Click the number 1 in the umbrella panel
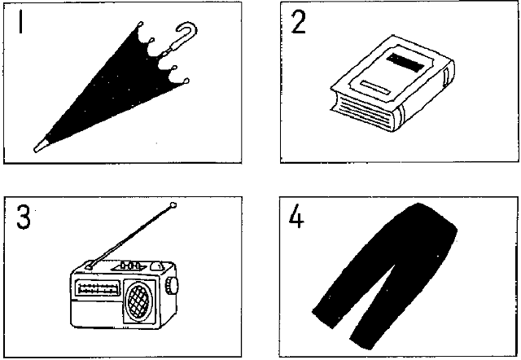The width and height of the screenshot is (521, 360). (x=21, y=22)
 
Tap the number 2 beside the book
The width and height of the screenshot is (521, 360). (x=298, y=22)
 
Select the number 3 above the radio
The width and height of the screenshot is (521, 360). (x=24, y=217)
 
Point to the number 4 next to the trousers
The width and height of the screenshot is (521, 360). (x=296, y=216)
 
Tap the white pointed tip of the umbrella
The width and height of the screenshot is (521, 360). (x=41, y=147)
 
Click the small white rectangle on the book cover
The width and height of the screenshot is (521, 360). (x=374, y=87)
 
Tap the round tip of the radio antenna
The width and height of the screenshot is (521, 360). (x=173, y=205)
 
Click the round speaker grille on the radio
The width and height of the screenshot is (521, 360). (x=138, y=301)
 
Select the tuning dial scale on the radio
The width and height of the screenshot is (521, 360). (x=98, y=288)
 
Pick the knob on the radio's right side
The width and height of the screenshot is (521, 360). (x=172, y=286)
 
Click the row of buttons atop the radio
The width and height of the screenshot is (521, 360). (x=130, y=266)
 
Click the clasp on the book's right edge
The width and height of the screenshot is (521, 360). (x=447, y=78)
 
